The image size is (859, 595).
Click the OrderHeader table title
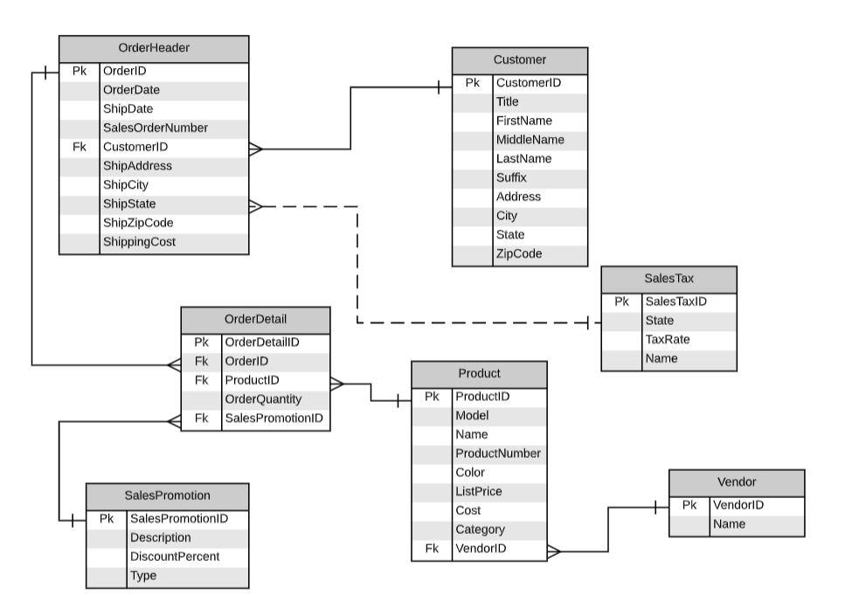point(154,48)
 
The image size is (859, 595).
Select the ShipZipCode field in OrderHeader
point(138,223)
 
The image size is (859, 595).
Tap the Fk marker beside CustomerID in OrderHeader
point(80,147)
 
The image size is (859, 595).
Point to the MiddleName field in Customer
point(530,140)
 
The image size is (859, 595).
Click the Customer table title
point(519,60)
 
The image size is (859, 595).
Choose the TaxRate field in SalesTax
point(667,339)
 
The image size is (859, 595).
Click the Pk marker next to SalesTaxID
point(621,301)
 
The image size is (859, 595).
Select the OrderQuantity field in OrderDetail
point(263,399)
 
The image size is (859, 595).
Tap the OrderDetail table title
point(255,319)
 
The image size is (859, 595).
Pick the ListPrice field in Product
point(478,491)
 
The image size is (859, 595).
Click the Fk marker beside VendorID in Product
point(432,548)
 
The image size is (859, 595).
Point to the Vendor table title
point(736,482)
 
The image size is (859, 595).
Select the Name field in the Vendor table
point(729,524)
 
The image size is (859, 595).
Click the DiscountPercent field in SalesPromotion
point(175,557)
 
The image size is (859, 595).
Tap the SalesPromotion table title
point(167,495)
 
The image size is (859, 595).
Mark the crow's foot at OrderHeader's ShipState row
point(256,206)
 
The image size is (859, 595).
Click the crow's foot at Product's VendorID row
point(554,551)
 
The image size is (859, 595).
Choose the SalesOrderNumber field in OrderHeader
point(155,128)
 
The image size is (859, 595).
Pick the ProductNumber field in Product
point(498,453)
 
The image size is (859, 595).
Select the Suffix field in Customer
point(511,177)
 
